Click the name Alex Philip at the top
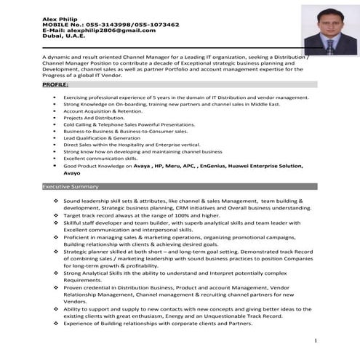coord(58,17)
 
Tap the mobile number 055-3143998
coord(102,24)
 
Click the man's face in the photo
coord(329,23)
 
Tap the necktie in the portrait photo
coord(329,44)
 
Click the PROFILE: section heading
coord(56,86)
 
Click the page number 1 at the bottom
coord(315,341)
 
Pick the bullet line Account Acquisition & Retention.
coord(103,111)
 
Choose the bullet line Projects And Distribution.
coord(94,117)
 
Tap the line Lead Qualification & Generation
coord(102,137)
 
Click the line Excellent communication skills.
coord(100,158)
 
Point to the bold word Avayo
coord(72,173)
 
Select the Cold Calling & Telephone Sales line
coord(119,124)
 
